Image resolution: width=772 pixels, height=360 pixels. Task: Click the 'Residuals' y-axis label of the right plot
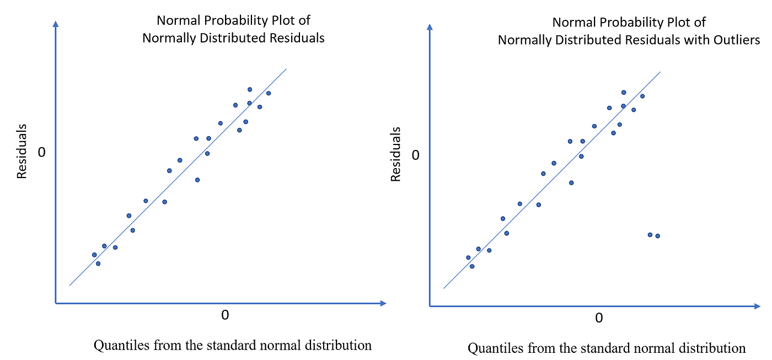pyautogui.click(x=396, y=155)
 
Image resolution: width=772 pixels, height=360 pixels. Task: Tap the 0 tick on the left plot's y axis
pyautogui.click(x=41, y=152)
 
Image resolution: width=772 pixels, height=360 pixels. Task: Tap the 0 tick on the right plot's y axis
pyautogui.click(x=416, y=155)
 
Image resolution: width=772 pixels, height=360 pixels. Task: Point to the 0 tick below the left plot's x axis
pyautogui.click(x=224, y=315)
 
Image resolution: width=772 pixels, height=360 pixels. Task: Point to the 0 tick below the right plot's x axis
pyautogui.click(x=599, y=319)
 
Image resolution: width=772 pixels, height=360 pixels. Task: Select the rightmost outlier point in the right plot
pyautogui.click(x=657, y=236)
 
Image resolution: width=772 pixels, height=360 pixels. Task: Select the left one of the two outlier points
pyautogui.click(x=650, y=235)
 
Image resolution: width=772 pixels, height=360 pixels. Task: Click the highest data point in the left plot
pyautogui.click(x=249, y=89)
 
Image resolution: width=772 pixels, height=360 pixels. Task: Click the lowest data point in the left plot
pyautogui.click(x=98, y=264)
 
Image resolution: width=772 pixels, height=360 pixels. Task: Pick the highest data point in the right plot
pyautogui.click(x=624, y=93)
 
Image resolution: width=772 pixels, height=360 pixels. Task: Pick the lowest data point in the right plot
pyautogui.click(x=472, y=266)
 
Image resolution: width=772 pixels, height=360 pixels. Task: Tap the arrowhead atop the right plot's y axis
pyautogui.click(x=430, y=26)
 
